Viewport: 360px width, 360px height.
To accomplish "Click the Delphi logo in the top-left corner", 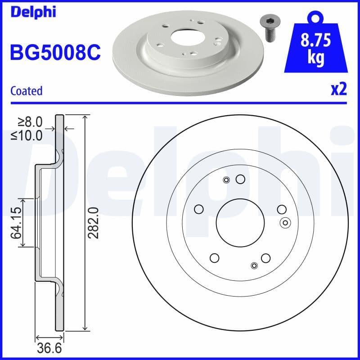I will tap(32, 12).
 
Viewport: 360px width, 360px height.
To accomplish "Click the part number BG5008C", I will tap(55, 52).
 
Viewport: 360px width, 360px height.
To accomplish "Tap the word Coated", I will tap(26, 91).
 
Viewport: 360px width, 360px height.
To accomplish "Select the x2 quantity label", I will tap(338, 90).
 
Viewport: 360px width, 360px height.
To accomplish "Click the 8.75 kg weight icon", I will tap(315, 45).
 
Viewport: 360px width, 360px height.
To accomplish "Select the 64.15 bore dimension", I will tap(17, 222).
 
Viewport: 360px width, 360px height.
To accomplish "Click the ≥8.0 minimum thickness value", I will tap(30, 121).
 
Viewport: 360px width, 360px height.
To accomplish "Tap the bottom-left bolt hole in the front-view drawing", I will tap(214, 258).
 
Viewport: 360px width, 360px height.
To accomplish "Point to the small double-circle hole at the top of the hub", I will tap(226, 180).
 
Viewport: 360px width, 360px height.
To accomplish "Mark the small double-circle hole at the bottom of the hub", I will tap(254, 265).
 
